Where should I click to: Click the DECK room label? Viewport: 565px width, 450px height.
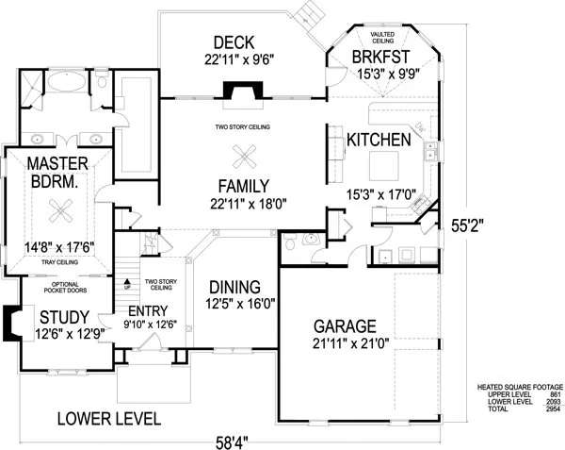(231, 42)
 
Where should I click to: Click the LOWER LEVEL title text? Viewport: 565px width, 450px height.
(106, 418)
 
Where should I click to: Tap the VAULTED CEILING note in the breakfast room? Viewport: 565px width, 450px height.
(381, 37)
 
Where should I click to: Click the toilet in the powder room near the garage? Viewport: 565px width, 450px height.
(294, 244)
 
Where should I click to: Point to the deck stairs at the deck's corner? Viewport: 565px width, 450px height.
(307, 13)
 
